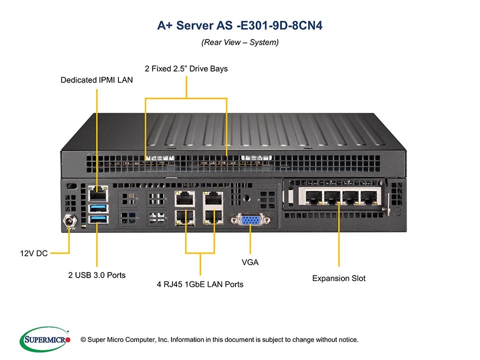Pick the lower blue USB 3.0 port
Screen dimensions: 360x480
(97, 220)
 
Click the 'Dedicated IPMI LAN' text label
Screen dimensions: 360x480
(96, 80)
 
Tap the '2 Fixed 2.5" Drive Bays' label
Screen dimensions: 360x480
(186, 68)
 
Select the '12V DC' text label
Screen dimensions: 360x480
(34, 253)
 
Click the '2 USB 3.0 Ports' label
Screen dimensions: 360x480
(97, 275)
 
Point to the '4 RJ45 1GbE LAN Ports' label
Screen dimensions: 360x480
(200, 284)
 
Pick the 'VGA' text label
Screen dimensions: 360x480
(250, 262)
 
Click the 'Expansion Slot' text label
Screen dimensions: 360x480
(338, 278)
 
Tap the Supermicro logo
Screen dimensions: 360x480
(44, 339)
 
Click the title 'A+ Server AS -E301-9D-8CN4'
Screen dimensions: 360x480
(240, 25)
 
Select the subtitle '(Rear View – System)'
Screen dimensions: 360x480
(240, 42)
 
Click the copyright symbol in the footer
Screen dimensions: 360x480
(83, 340)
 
